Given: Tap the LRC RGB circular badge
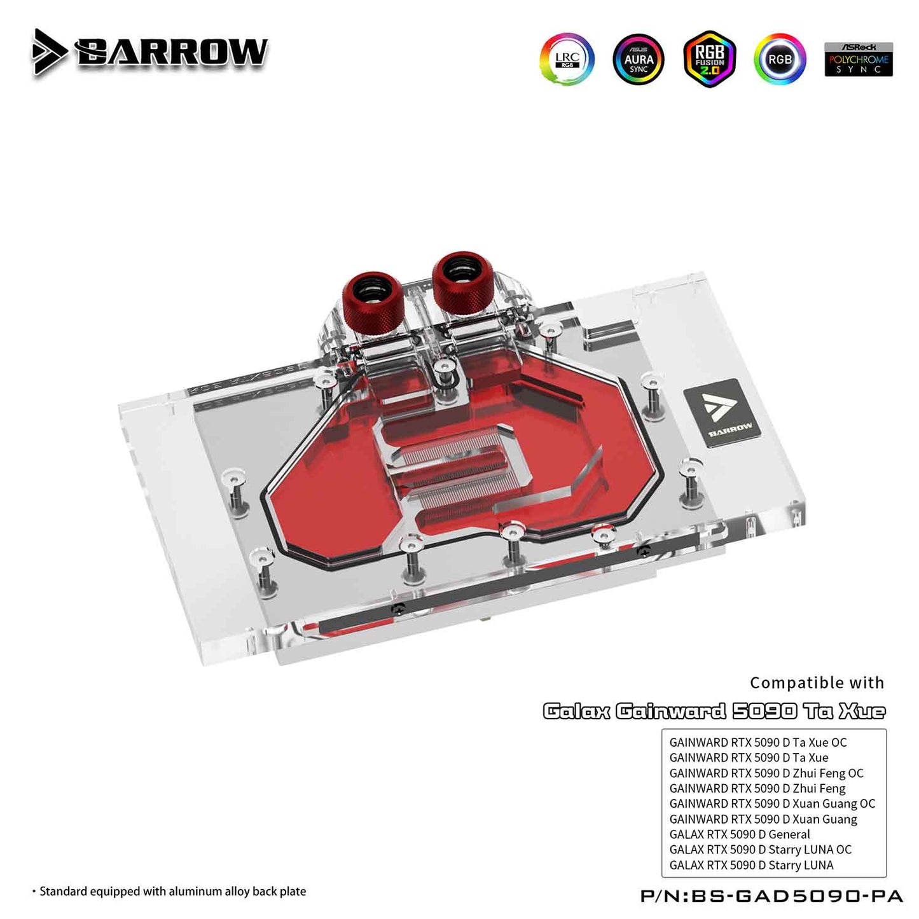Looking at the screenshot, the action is (x=567, y=60).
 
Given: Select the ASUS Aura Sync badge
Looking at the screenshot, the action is (x=639, y=60).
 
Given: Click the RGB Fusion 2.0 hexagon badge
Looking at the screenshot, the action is (x=710, y=59).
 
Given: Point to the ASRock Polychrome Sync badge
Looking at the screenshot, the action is (x=859, y=60).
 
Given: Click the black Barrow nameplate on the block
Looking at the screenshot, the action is (x=719, y=413).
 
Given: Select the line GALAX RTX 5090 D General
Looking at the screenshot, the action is (x=740, y=834).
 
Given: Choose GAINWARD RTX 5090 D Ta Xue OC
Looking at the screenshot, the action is (x=758, y=742).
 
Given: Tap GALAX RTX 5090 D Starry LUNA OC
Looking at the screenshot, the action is (x=761, y=850).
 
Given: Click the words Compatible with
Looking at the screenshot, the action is (x=817, y=683).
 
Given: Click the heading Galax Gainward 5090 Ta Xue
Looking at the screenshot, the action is (x=714, y=712).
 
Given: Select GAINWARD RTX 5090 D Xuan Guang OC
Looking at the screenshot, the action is (x=773, y=804).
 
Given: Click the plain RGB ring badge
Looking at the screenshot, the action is (x=780, y=59).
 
